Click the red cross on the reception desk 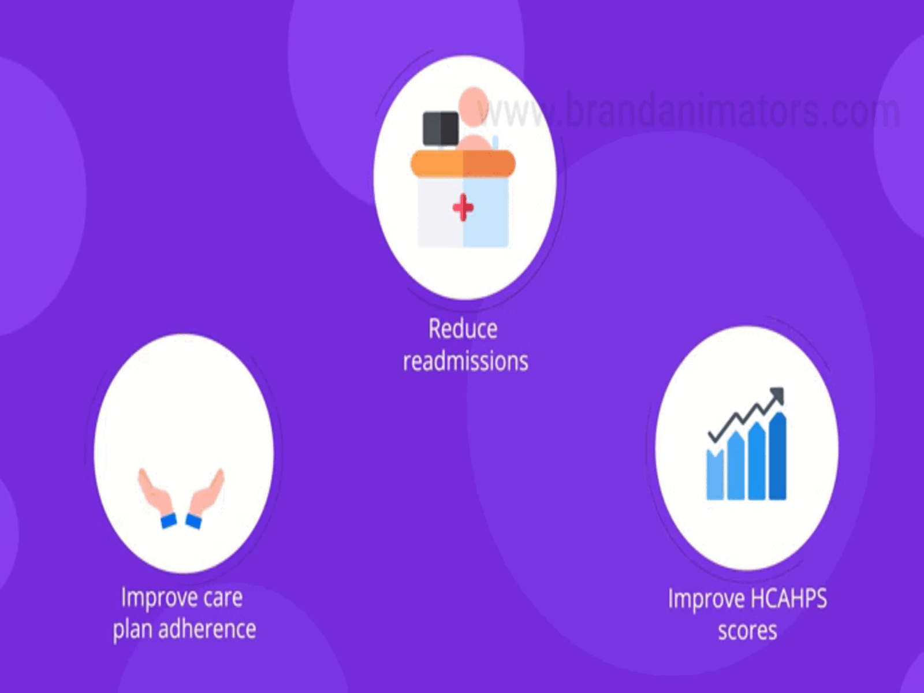[463, 207]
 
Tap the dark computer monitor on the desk [440, 128]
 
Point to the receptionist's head [473, 106]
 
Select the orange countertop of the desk [463, 163]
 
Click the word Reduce [463, 329]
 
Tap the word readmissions [465, 361]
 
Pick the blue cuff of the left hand [169, 521]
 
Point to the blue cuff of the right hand [193, 521]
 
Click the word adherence [207, 629]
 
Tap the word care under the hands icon [223, 598]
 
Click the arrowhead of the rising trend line [777, 395]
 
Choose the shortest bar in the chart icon [715, 474]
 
